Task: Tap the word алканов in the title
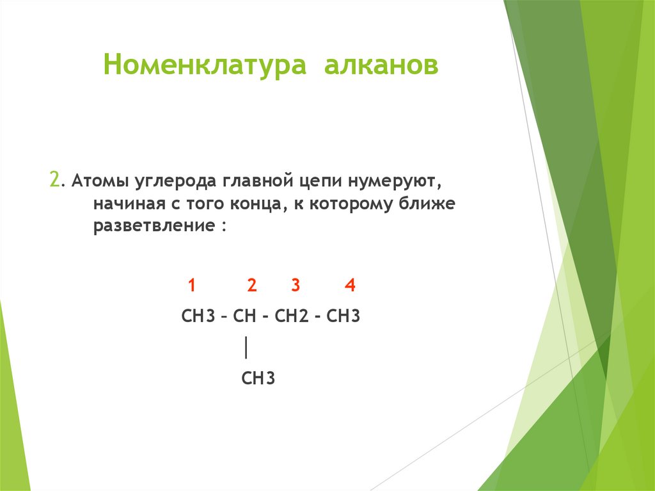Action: point(381,67)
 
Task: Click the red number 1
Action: point(191,286)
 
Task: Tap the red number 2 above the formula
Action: point(252,286)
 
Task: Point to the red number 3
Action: point(295,286)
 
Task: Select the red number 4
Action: point(349,286)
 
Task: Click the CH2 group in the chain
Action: point(292,316)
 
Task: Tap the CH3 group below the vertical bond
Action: point(258,378)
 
